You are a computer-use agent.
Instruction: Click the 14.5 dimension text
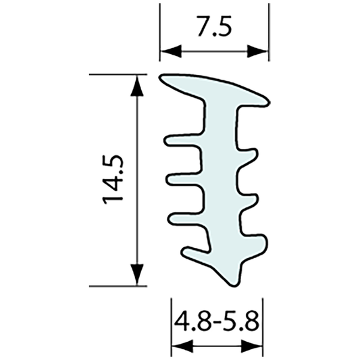pos(112,180)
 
